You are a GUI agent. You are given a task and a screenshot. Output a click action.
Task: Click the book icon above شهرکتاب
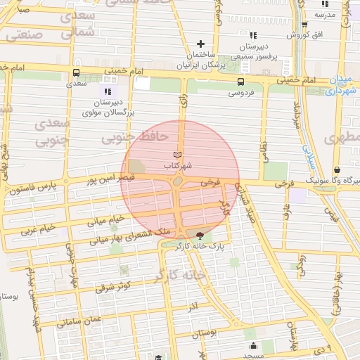176,155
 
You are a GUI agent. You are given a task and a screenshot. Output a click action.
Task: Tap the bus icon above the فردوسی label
240,82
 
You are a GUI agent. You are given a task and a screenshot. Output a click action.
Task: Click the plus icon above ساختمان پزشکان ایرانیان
201,44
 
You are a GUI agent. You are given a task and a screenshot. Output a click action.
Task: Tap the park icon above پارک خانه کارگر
200,236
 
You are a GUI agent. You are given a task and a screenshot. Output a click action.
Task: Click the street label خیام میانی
105,221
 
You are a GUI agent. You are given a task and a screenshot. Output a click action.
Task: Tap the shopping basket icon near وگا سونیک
337,169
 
